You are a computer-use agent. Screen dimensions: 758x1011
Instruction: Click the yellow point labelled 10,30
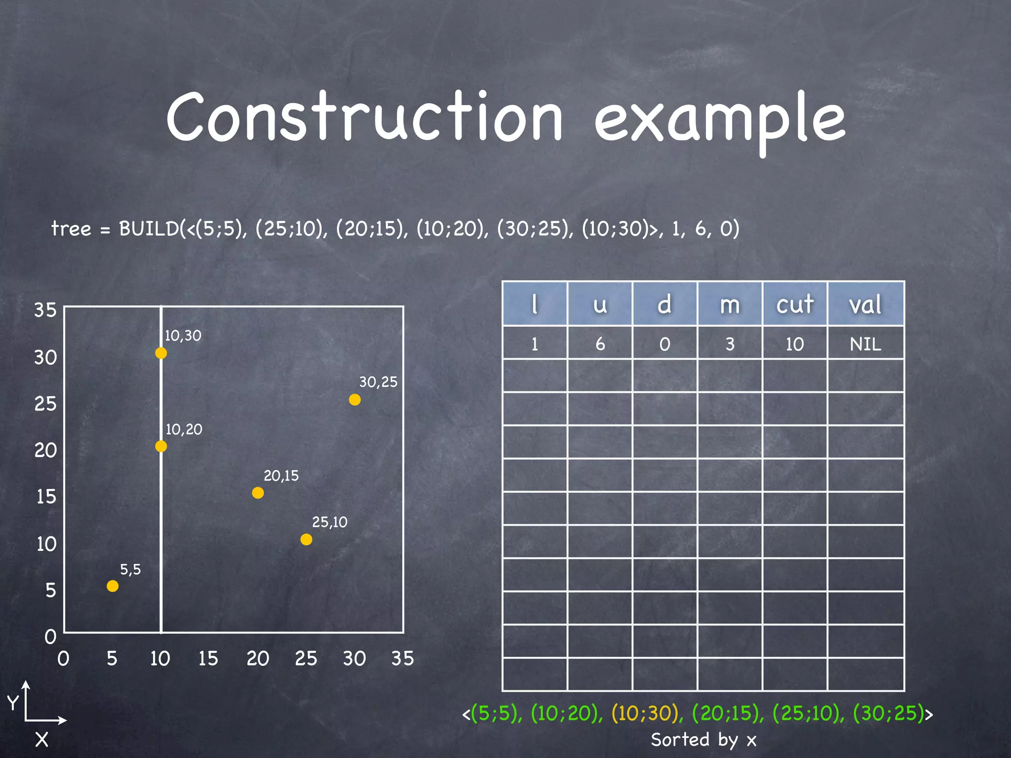(x=161, y=353)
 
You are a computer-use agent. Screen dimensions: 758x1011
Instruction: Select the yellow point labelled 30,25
(x=354, y=399)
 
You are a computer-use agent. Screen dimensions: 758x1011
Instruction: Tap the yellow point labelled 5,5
(x=113, y=586)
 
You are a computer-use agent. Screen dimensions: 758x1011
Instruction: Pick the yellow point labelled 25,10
(x=306, y=539)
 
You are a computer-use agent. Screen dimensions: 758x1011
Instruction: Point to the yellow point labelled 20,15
(x=258, y=493)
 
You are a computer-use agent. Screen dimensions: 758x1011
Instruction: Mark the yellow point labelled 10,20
(x=161, y=446)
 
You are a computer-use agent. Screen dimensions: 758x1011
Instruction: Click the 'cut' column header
(x=795, y=304)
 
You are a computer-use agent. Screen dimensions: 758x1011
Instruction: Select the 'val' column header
(x=865, y=304)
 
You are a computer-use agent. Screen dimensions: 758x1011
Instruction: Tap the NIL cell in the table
(x=865, y=343)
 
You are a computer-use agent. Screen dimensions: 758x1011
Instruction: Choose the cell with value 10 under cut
(x=795, y=343)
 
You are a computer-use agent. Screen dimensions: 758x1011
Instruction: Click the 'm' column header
(x=730, y=304)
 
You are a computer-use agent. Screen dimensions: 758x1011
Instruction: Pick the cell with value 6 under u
(x=600, y=343)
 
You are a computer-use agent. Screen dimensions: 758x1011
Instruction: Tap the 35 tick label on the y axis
(x=45, y=310)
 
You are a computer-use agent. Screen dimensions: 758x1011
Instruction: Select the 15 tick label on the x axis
(x=208, y=658)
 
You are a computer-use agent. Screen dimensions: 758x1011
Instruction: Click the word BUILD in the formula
(x=149, y=228)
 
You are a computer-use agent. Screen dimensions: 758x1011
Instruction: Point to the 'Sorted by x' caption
(x=703, y=739)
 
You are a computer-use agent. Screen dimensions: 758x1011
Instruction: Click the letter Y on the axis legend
(x=13, y=702)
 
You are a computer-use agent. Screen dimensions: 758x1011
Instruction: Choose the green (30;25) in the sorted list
(x=889, y=713)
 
